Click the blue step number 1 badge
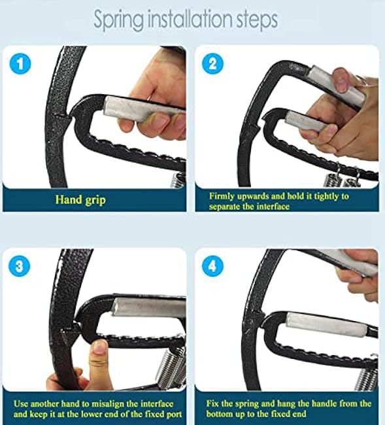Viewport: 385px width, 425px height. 21,64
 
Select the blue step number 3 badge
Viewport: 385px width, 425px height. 21,267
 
